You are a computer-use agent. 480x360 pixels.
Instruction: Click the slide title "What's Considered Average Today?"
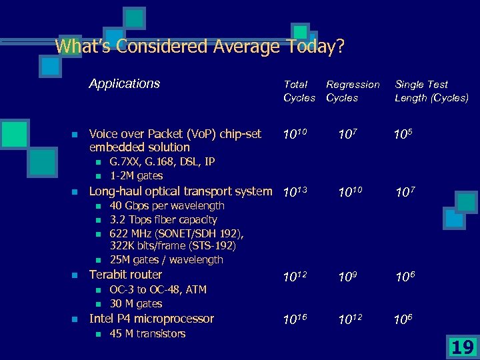[199, 47]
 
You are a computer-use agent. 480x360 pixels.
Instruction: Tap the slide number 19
[462, 347]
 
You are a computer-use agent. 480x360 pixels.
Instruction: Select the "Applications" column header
[125, 83]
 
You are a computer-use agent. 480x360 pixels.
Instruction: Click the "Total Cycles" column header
[299, 91]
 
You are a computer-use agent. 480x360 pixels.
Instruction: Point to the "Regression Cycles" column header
[352, 91]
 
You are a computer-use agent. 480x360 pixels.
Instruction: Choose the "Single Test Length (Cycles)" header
[431, 91]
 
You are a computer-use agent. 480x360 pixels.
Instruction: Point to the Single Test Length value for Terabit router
[405, 276]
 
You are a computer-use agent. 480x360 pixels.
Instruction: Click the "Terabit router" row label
[125, 275]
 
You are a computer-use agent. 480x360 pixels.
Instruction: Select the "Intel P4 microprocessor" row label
[151, 319]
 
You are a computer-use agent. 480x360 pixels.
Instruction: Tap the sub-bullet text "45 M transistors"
[147, 333]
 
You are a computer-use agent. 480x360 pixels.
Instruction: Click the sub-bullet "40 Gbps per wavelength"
[167, 206]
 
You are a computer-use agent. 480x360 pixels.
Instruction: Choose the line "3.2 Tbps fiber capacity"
[163, 219]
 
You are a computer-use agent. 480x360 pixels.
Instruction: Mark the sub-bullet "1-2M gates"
[136, 175]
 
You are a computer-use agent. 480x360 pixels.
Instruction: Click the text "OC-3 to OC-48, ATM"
[158, 289]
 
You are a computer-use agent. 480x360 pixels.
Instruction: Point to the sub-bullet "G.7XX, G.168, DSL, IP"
[162, 162]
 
